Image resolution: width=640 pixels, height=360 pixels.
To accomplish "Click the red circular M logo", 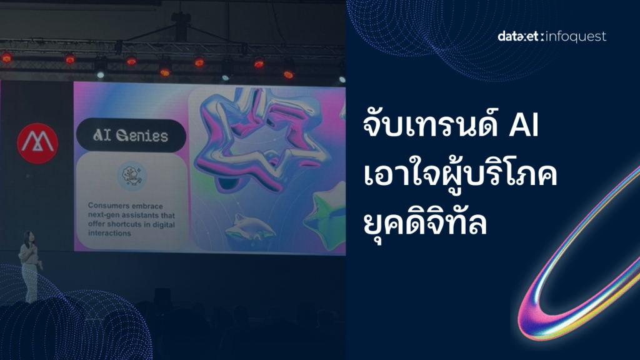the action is (x=37, y=144).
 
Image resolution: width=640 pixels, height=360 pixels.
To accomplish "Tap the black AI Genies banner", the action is (x=131, y=136).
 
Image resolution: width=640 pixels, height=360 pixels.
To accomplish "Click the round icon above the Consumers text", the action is (x=132, y=176).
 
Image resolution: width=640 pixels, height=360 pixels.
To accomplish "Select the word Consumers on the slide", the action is (x=108, y=206).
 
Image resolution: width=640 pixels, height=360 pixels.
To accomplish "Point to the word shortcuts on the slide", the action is (x=125, y=224).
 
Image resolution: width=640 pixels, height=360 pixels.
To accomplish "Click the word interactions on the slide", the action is (x=109, y=234).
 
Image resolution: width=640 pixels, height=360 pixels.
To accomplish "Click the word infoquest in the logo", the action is (x=576, y=37).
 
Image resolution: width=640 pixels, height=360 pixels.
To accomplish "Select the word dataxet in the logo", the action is (x=519, y=36).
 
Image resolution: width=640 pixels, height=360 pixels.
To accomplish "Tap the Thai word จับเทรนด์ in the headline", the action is (x=431, y=124).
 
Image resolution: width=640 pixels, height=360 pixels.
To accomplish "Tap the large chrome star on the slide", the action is (x=259, y=141).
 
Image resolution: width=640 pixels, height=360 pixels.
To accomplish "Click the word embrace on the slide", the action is (x=147, y=206).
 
